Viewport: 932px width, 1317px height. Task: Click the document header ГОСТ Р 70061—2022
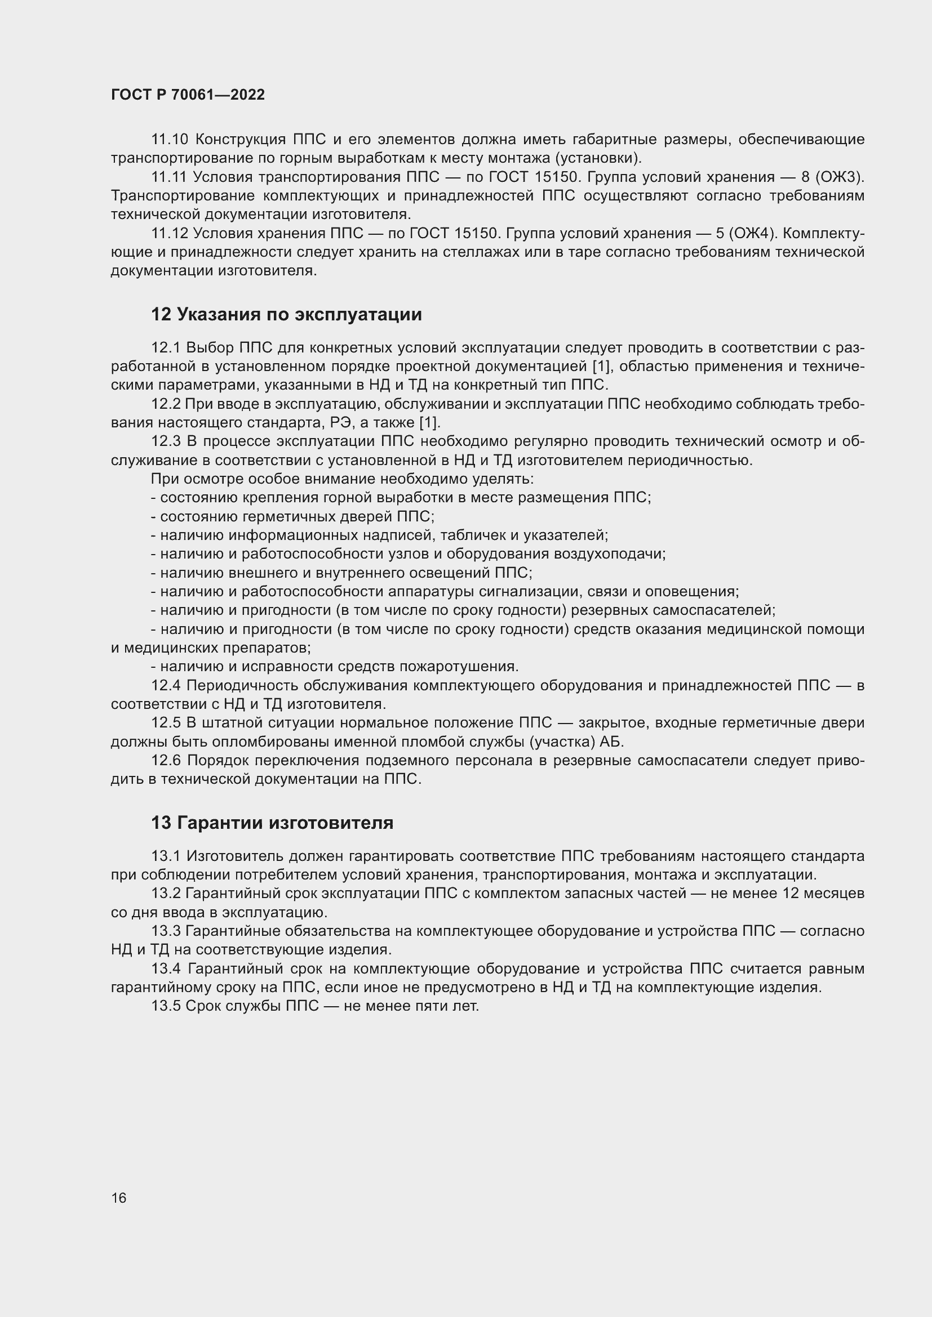[188, 95]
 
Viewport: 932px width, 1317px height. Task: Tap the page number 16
[119, 1198]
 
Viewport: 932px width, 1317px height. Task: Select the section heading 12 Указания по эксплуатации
[286, 314]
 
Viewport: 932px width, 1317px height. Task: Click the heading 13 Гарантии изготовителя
[272, 823]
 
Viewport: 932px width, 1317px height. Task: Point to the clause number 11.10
[169, 140]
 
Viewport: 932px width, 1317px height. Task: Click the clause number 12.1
[166, 347]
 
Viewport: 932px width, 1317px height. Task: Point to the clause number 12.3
[166, 441]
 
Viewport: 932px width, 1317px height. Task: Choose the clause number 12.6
[166, 761]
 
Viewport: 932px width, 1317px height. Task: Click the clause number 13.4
[166, 968]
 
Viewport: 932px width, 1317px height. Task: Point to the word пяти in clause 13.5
[432, 1006]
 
